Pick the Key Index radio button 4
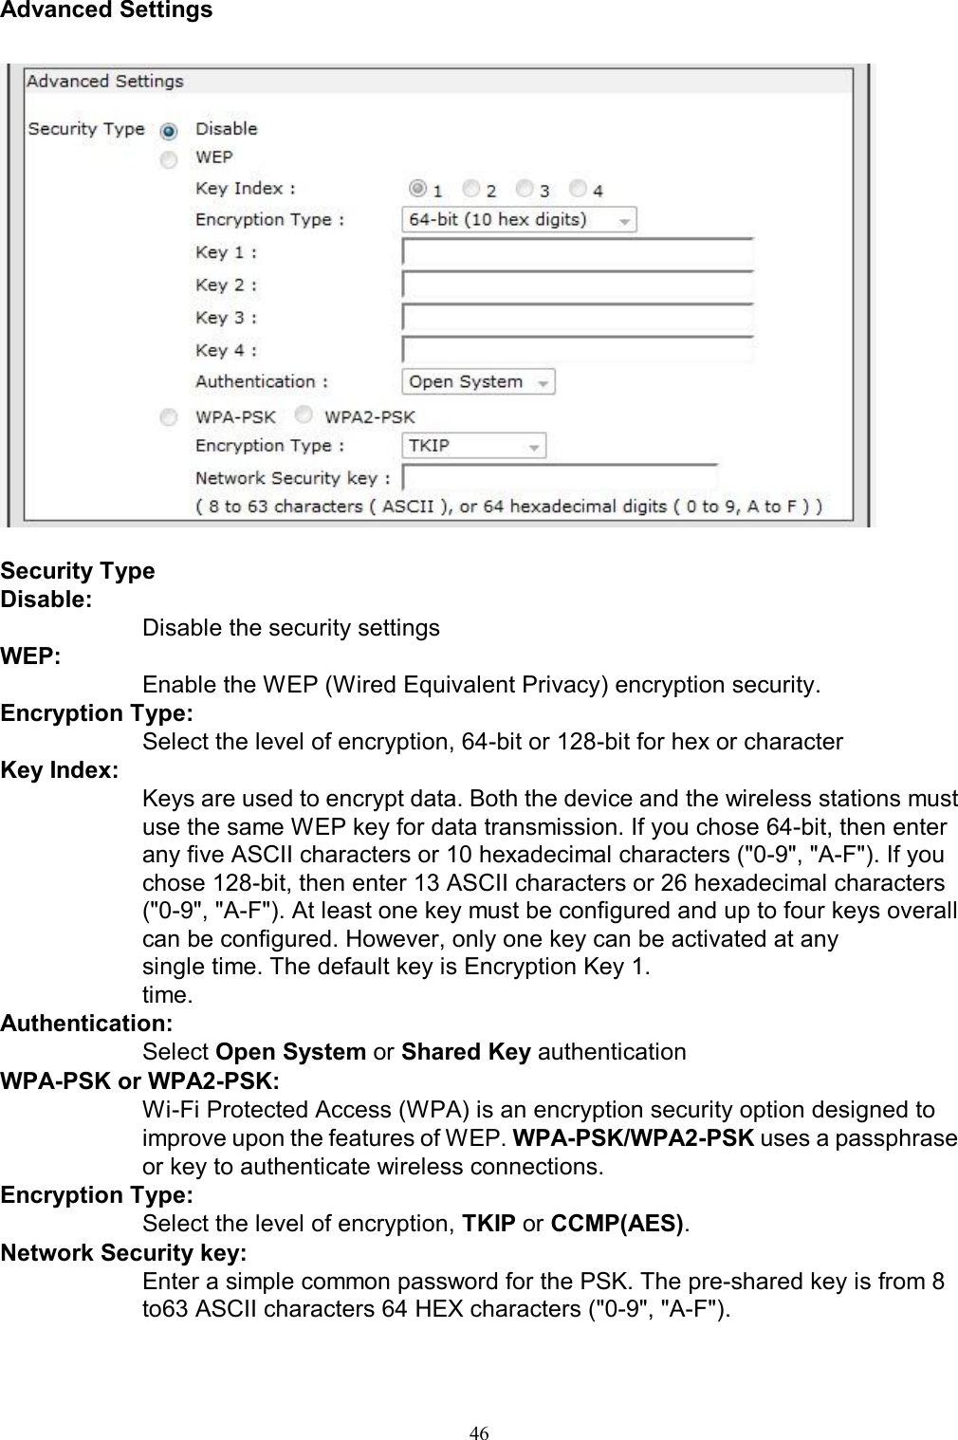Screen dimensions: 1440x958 click(578, 188)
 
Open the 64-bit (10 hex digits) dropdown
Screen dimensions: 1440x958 click(519, 220)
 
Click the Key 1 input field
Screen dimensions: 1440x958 click(578, 253)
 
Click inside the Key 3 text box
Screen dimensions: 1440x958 click(578, 318)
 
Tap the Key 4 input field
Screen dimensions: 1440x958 click(578, 350)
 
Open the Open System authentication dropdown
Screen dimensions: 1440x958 click(478, 382)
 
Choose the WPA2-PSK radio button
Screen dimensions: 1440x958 click(304, 415)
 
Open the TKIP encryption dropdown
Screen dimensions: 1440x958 click(474, 446)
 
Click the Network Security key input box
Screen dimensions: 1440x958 click(560, 478)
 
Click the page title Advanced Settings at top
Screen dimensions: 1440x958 click(106, 11)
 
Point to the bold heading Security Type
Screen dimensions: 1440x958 click(78, 571)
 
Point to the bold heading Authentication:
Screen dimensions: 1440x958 click(86, 1024)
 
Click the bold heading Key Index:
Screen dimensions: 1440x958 click(60, 769)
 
